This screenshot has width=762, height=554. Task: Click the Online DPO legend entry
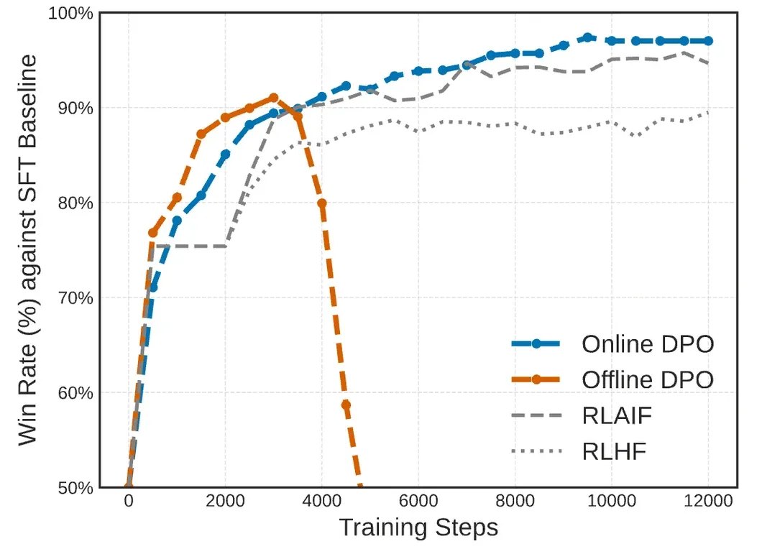click(x=647, y=343)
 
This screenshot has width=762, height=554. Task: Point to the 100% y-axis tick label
click(x=70, y=13)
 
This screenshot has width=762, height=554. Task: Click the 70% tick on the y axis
click(x=75, y=297)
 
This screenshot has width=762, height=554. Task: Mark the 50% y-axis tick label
click(x=75, y=488)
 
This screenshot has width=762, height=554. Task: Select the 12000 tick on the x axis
click(x=708, y=501)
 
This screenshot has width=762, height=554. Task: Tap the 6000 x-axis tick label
click(x=418, y=501)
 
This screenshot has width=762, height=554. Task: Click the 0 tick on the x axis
click(x=129, y=501)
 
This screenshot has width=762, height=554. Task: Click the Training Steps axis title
click(x=418, y=528)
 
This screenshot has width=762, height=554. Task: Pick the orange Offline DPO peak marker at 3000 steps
click(x=273, y=98)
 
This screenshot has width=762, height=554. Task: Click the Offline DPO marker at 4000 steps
click(x=321, y=203)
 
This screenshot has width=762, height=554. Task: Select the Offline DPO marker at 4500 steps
click(x=346, y=405)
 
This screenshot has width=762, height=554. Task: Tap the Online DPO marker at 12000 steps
click(x=708, y=41)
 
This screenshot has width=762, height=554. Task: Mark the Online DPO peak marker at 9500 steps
click(x=587, y=37)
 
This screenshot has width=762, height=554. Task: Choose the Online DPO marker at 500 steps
click(x=152, y=287)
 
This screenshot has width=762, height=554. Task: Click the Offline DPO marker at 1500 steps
click(x=201, y=134)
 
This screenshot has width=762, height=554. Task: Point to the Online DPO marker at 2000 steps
click(x=225, y=154)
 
